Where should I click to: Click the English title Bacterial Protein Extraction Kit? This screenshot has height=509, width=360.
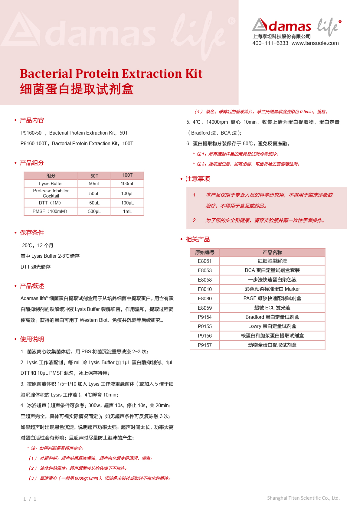tap(111, 74)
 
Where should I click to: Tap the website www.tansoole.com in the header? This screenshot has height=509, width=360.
tap(315, 43)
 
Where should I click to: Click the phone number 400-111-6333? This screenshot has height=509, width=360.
tap(270, 43)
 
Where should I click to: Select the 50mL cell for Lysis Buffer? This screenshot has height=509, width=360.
tap(94, 184)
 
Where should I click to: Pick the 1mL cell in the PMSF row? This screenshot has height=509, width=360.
tap(127, 211)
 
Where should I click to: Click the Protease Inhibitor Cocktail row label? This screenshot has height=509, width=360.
tap(51, 193)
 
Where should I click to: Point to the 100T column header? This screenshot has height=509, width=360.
tap(127, 175)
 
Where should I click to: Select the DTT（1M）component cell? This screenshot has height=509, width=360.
tap(51, 203)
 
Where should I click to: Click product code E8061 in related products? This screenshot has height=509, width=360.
tap(205, 261)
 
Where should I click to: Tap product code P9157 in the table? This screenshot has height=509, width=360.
tap(205, 345)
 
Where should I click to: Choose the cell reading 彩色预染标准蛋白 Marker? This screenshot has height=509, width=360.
tap(272, 289)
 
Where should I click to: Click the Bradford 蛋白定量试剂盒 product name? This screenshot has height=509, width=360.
tap(272, 317)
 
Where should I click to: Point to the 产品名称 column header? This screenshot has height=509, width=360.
tap(272, 253)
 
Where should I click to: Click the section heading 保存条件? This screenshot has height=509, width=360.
tap(32, 233)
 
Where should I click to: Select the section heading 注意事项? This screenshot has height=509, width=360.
tap(198, 179)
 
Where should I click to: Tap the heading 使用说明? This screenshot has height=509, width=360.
tap(32, 339)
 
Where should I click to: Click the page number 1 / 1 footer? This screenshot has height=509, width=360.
tap(30, 499)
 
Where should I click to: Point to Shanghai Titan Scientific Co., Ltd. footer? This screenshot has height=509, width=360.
tap(303, 498)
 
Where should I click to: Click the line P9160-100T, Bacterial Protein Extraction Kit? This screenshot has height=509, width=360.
tap(77, 144)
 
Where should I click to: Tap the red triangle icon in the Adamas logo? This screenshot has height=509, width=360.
tap(260, 25)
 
